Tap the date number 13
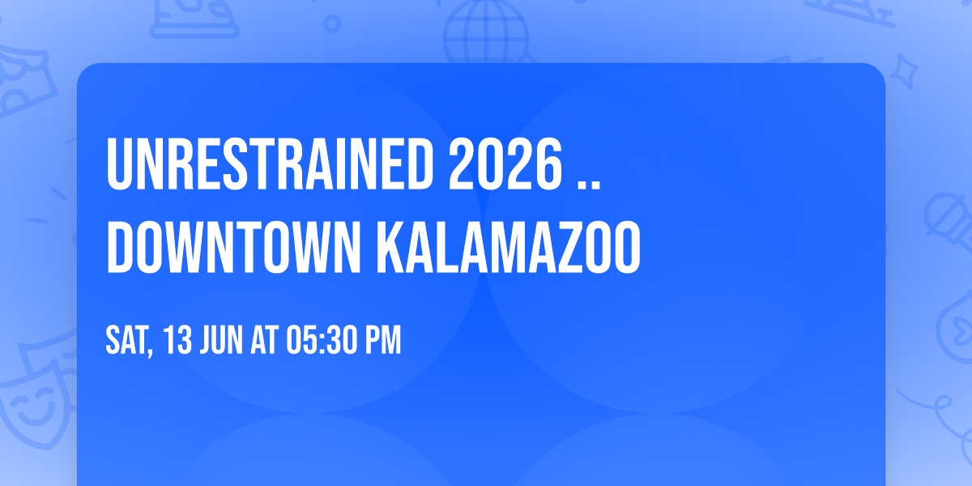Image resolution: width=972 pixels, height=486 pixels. [x=178, y=341]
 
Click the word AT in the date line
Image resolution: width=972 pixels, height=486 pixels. [x=266, y=341]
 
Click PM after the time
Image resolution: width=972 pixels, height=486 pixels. [x=382, y=341]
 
